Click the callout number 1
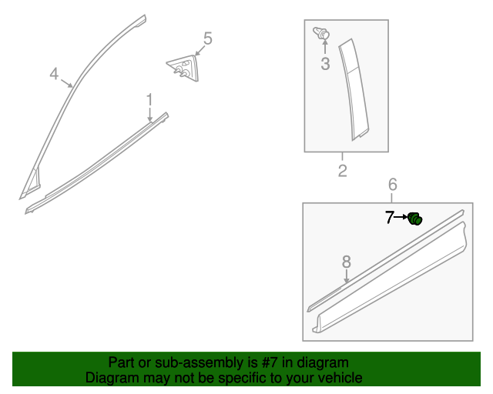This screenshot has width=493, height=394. [149, 98]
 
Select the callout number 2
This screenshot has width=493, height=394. [343, 171]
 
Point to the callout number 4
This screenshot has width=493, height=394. [54, 74]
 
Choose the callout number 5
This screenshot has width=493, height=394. [207, 38]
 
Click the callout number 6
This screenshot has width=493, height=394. [392, 184]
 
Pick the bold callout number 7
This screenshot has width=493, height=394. [390, 218]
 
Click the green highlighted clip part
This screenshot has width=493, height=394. [414, 219]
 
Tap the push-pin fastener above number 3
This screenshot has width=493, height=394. [322, 33]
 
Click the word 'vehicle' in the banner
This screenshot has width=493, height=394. [339, 379]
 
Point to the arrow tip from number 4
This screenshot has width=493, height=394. [73, 86]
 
